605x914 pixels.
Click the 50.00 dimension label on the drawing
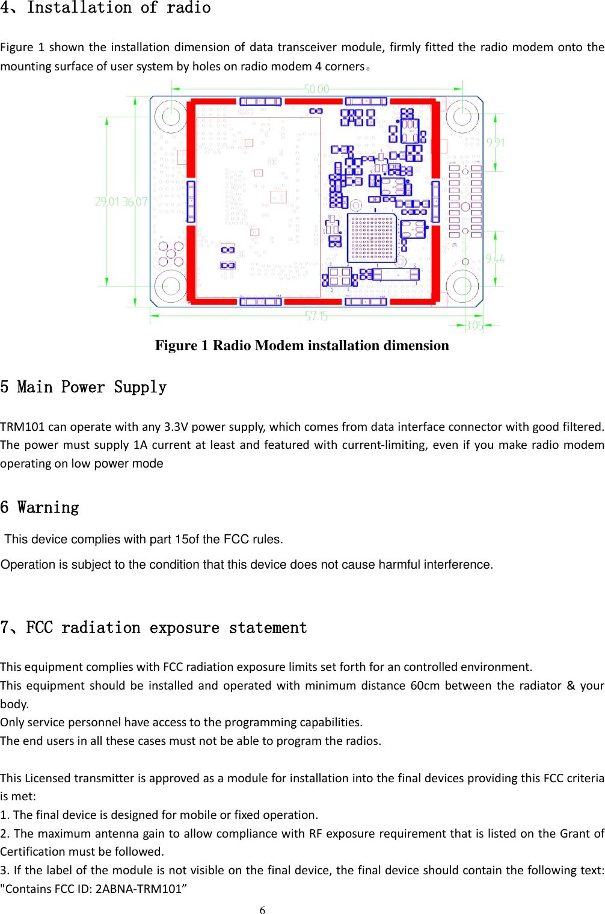(317, 89)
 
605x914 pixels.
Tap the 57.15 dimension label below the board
(316, 316)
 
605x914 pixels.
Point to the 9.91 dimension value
(496, 143)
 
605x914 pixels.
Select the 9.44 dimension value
(495, 259)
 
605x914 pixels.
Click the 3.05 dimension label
(474, 326)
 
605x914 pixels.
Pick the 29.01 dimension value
(108, 202)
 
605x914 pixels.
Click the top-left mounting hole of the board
(171, 116)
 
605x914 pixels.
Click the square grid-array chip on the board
(372, 238)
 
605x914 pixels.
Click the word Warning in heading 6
(48, 508)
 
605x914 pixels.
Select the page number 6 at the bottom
(262, 910)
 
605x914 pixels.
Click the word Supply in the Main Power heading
(140, 387)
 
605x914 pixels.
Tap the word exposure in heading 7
(184, 628)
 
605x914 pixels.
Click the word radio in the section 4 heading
(188, 8)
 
